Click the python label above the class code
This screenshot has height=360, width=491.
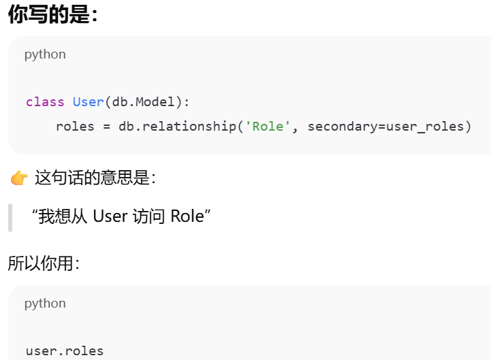click(x=45, y=54)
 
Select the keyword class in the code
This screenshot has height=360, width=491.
click(x=45, y=102)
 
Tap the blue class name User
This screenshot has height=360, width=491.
click(x=88, y=102)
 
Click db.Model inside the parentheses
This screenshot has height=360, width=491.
click(x=144, y=102)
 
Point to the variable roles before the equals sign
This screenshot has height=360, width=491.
click(x=75, y=127)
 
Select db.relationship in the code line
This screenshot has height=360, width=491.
click(x=177, y=127)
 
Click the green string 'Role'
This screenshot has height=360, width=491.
click(x=268, y=127)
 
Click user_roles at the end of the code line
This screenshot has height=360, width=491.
click(x=424, y=127)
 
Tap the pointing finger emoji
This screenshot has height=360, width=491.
click(x=18, y=179)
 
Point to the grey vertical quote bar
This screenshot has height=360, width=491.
click(x=10, y=217)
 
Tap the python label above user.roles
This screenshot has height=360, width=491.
click(x=45, y=304)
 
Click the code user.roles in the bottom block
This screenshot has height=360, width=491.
click(x=65, y=351)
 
